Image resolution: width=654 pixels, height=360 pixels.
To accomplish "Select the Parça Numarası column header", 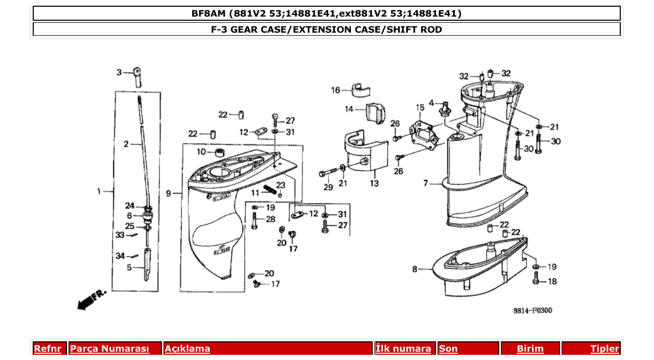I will (110, 349).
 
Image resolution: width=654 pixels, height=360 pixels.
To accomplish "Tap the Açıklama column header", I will (187, 349).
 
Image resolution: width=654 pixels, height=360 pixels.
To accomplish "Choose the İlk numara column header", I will (403, 349).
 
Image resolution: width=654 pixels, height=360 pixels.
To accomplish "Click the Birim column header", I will (530, 349).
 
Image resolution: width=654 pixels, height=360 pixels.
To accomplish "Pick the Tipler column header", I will (605, 349).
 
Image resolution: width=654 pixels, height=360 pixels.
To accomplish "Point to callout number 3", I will (118, 72).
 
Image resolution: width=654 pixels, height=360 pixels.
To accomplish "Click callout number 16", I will (335, 90).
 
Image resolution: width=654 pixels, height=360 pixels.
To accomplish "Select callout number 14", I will (349, 109).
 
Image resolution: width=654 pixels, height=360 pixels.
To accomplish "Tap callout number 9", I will (168, 193).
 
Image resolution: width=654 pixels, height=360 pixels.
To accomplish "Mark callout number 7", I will (426, 183).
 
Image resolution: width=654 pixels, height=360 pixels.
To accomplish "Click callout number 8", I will (415, 269).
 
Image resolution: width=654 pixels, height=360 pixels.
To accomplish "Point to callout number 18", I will (552, 281).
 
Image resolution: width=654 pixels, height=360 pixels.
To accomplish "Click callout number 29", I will (328, 187).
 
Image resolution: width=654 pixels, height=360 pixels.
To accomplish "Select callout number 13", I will (374, 183).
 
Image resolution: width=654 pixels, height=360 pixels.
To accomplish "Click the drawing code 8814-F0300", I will (533, 311).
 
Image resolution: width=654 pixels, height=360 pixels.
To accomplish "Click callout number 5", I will (129, 268).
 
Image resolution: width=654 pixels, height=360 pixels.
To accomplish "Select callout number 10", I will (201, 151).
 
